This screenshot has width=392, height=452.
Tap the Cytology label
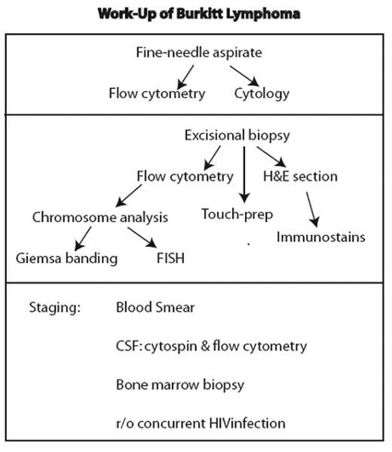261,94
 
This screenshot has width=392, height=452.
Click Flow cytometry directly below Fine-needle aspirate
156,94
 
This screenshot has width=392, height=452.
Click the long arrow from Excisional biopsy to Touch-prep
243,173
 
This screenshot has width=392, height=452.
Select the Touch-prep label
237,213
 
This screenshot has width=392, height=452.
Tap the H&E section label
300,176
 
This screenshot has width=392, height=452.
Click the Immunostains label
321,237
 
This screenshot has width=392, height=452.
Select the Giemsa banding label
67,258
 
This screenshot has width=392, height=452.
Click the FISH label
165,258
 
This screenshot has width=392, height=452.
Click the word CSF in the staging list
128,346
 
